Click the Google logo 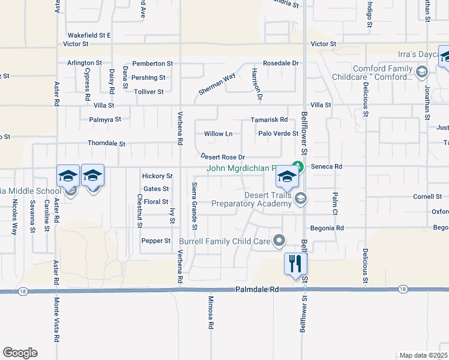click(20, 353)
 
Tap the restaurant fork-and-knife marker click(295, 264)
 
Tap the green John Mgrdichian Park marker click(296, 167)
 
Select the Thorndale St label click(106, 144)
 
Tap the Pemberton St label click(152, 63)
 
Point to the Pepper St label click(155, 241)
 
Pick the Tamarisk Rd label click(269, 120)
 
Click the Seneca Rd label click(330, 166)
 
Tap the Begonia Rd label click(327, 228)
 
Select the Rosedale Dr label click(280, 63)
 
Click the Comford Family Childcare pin click(421, 73)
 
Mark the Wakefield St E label click(89, 35)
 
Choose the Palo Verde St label click(278, 133)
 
